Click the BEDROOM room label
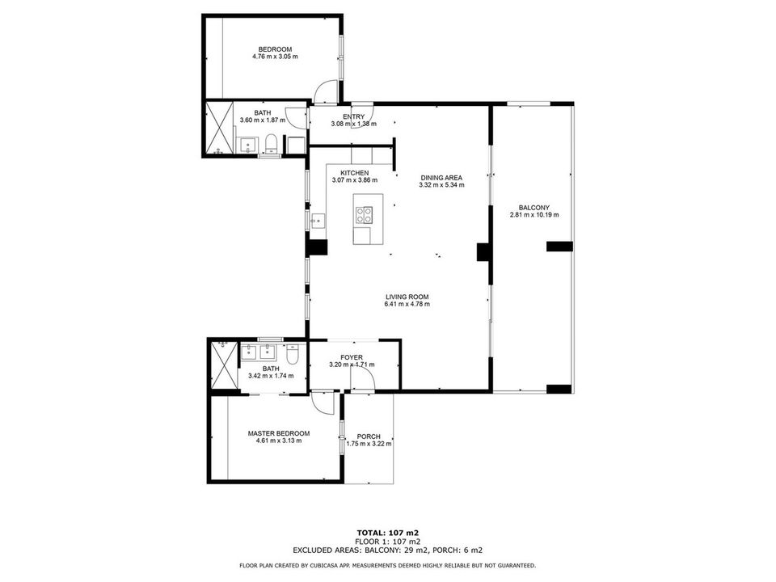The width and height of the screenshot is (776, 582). click(275, 49)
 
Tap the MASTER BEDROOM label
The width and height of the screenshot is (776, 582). click(279, 433)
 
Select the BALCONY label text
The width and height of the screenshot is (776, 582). click(534, 208)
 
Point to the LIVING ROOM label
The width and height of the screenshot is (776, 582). click(407, 297)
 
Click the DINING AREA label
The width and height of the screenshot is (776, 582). click(441, 178)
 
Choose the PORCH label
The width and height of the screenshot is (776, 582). click(369, 436)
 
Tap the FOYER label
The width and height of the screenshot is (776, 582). click(352, 357)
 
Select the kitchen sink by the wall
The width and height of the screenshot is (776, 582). click(317, 220)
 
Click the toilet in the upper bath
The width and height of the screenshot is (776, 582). click(271, 145)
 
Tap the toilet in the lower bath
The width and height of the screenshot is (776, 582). click(292, 354)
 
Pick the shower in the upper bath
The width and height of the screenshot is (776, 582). click(219, 129)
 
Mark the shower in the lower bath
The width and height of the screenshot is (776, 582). click(225, 365)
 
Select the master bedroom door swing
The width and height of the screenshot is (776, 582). click(323, 403)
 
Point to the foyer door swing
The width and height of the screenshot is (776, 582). click(362, 378)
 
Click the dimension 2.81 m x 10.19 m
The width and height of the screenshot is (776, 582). click(534, 215)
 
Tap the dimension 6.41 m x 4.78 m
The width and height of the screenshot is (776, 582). click(407, 304)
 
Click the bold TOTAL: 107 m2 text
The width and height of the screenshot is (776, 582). click(388, 533)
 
